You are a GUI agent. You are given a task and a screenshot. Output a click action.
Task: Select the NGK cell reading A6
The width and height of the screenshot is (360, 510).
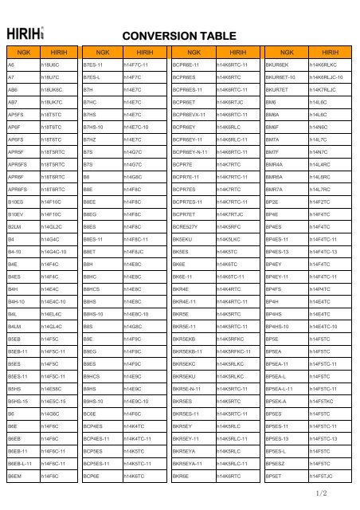click(x=11, y=64)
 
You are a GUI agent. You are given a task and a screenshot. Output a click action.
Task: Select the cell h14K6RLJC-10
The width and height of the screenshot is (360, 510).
click(x=326, y=79)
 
